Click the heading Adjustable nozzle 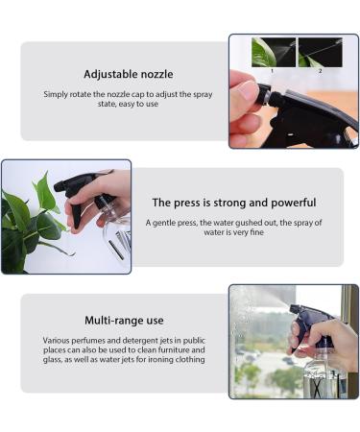tap(129, 74)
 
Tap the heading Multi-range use tap(124, 321)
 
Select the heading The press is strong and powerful tap(234, 203)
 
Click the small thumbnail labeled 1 tap(274, 52)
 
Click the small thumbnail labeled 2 tap(321, 52)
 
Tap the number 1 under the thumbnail tap(272, 71)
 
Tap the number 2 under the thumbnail tap(320, 71)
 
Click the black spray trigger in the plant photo tap(75, 210)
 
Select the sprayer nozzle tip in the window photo tap(294, 309)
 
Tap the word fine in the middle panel tap(256, 232)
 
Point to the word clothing tap(190, 360)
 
